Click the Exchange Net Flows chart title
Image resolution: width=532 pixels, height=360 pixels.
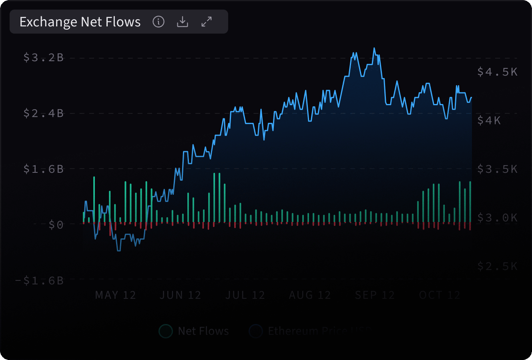[x=80, y=22]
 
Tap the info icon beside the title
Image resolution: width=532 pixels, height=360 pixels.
[x=159, y=22]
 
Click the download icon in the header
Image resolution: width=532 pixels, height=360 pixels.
[x=183, y=22]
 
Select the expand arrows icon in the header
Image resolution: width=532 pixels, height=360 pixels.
[x=207, y=22]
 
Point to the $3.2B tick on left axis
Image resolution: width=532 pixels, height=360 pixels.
[x=44, y=58]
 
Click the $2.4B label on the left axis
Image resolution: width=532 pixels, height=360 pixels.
[x=44, y=113]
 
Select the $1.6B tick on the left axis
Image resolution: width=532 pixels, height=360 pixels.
[x=44, y=169]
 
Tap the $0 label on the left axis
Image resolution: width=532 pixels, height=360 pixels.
[x=56, y=225]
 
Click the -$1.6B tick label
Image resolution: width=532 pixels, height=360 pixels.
[x=39, y=280]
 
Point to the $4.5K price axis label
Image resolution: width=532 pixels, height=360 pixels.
[x=497, y=72]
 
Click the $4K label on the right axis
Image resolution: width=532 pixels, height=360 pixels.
[x=489, y=120]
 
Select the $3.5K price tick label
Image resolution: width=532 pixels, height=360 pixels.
[x=497, y=169]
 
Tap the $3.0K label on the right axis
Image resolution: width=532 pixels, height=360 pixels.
[x=497, y=218]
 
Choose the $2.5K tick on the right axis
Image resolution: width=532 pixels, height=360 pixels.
[x=497, y=266]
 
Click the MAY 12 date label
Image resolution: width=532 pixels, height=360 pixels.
[x=115, y=295]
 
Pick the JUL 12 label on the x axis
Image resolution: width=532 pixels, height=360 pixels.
[x=245, y=295]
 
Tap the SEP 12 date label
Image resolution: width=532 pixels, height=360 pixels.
[x=375, y=295]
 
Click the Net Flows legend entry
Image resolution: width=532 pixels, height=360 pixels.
[x=195, y=331]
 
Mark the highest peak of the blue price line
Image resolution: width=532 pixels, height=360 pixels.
[x=374, y=48]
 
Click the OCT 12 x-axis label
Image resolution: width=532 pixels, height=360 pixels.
[x=440, y=295]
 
